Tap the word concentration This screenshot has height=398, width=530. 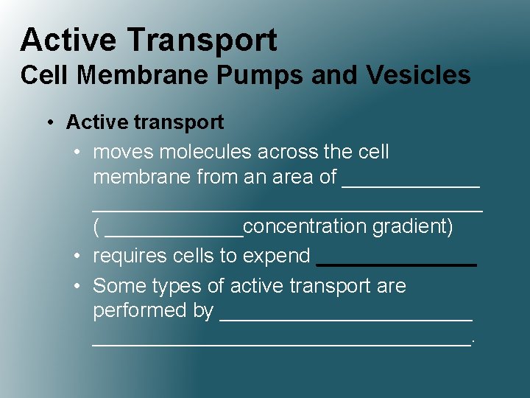pos(304,226)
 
